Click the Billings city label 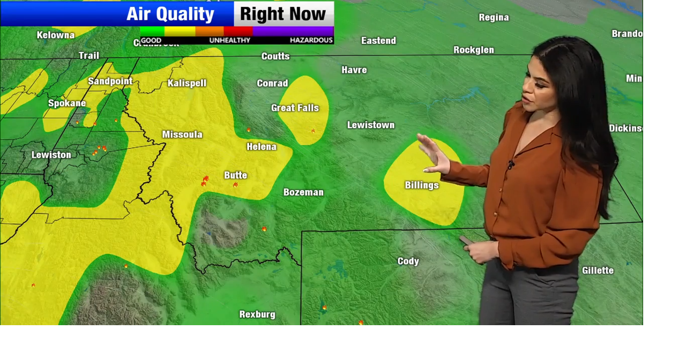click(x=422, y=185)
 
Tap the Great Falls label click(x=295, y=108)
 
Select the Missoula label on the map click(x=182, y=134)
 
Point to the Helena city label click(x=262, y=147)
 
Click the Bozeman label click(x=303, y=192)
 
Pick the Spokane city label click(x=67, y=103)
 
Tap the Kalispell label click(x=187, y=84)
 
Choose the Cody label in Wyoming click(x=408, y=261)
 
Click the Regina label click(x=494, y=18)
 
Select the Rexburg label click(x=257, y=314)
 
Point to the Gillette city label click(x=598, y=271)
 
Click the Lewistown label click(x=371, y=125)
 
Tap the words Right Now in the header click(x=283, y=14)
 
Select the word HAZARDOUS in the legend click(x=311, y=40)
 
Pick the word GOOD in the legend click(x=151, y=40)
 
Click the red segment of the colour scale click(x=238, y=31)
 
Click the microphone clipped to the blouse click(x=511, y=163)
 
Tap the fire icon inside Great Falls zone click(x=313, y=131)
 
